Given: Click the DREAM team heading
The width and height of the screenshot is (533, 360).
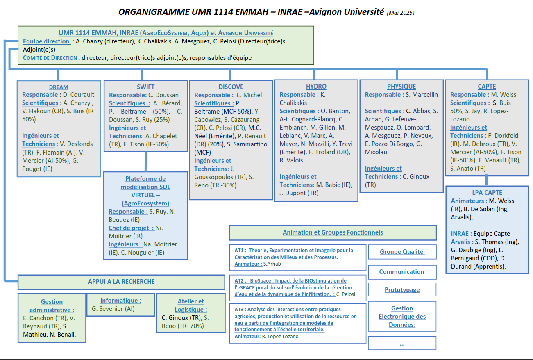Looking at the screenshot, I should [x=59, y=87].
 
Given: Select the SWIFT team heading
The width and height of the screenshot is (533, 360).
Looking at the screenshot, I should [x=145, y=87].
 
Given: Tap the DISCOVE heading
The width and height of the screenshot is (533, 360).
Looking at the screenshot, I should [x=231, y=87].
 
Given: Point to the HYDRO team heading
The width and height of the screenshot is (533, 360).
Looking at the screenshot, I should [x=316, y=87].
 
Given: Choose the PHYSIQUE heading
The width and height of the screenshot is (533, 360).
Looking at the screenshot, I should [x=401, y=87].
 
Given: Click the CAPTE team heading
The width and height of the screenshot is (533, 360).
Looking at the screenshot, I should [x=487, y=87].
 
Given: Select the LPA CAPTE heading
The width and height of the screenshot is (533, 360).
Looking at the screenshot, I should [x=487, y=193].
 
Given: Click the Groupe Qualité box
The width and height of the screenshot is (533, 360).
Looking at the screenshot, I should [x=402, y=252].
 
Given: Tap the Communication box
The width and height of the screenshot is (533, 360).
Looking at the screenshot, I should [x=402, y=272].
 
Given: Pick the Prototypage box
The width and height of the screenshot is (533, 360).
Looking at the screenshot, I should [x=402, y=290].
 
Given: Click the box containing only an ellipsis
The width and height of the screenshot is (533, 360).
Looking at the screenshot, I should [x=402, y=344].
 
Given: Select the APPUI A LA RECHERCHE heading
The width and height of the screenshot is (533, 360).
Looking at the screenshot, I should [x=121, y=282].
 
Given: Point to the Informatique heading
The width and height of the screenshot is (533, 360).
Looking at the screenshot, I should [x=121, y=301].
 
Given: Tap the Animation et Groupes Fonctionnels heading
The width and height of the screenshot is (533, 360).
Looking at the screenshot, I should [x=333, y=232].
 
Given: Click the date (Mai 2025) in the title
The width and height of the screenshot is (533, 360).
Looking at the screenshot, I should [x=400, y=13].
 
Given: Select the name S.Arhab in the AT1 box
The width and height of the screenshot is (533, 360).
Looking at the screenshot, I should [x=272, y=264].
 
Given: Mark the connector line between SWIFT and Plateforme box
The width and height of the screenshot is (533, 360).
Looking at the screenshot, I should [x=145, y=162].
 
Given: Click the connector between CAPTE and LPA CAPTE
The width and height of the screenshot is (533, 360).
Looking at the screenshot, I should [x=487, y=181].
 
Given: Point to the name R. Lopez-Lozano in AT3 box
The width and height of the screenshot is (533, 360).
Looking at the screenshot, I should [x=280, y=337].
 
